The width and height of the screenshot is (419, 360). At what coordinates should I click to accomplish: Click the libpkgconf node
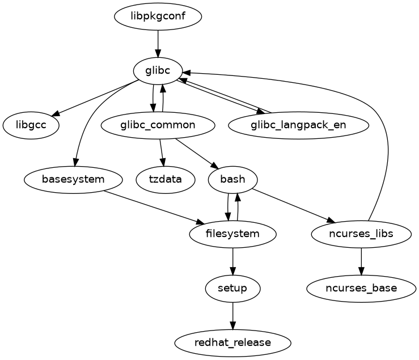click(x=158, y=17)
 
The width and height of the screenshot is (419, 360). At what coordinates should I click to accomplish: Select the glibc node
click(x=158, y=71)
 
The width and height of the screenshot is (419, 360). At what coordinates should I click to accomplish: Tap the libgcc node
click(x=31, y=125)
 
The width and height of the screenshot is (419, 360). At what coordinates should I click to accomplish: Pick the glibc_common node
click(x=158, y=125)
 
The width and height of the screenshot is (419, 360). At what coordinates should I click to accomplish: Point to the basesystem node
click(x=73, y=180)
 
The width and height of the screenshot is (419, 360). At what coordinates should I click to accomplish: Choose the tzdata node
click(x=166, y=180)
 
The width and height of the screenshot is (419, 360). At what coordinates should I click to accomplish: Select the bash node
click(x=233, y=180)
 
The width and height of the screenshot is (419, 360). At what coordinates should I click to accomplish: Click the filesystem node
click(x=233, y=234)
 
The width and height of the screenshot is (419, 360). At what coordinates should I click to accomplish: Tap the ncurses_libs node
click(x=361, y=234)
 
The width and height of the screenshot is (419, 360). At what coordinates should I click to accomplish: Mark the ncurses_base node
click(x=361, y=288)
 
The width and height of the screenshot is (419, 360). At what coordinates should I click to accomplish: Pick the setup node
click(x=233, y=288)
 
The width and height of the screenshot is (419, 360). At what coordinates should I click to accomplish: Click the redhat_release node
click(x=233, y=342)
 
